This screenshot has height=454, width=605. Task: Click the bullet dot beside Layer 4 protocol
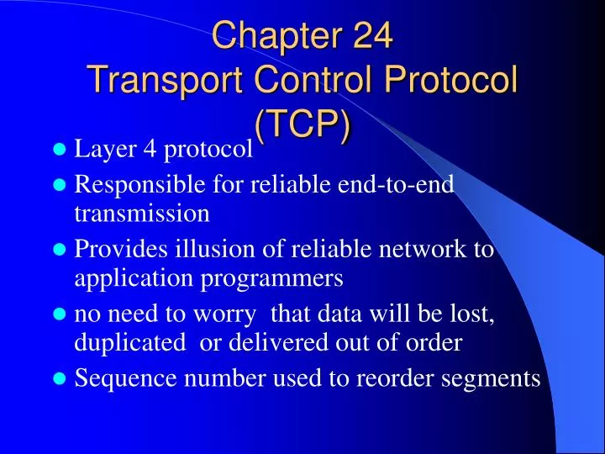(59, 151)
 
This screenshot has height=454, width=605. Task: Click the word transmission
(142, 214)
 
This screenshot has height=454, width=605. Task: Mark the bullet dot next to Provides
(59, 250)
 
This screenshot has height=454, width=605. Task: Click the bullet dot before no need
(59, 314)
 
